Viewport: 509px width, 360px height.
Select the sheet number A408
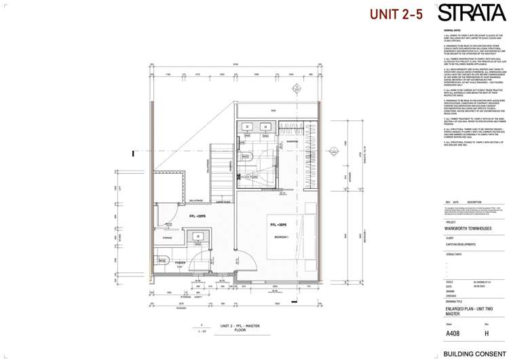tap(453, 334)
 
